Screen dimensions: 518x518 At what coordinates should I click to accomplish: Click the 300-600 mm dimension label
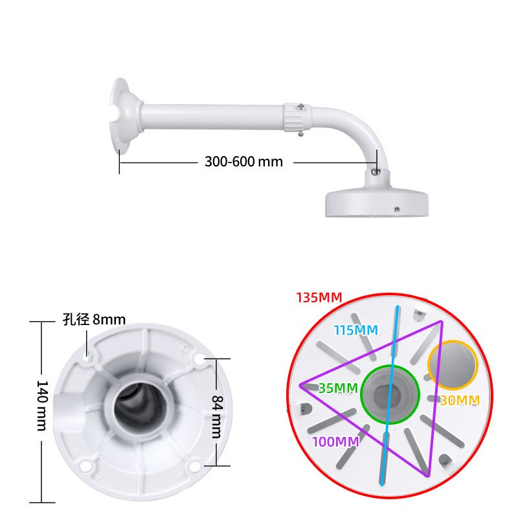pyautogui.click(x=243, y=162)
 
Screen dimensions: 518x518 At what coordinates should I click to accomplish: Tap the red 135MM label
pyautogui.click(x=319, y=298)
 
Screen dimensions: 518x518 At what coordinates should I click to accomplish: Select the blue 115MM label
pyautogui.click(x=355, y=330)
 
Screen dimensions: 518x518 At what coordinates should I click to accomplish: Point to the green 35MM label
pyautogui.click(x=338, y=388)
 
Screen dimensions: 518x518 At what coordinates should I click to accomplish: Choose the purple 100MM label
pyautogui.click(x=335, y=442)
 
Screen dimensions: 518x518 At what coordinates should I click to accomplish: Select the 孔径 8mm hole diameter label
pyautogui.click(x=94, y=319)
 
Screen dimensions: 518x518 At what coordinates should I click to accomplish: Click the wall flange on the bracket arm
pyautogui.click(x=124, y=117)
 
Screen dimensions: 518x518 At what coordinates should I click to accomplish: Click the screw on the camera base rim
pyautogui.click(x=396, y=209)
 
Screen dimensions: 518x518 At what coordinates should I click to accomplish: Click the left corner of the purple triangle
pyautogui.click(x=301, y=386)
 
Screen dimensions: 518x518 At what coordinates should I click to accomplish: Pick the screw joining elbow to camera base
pyautogui.click(x=376, y=171)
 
